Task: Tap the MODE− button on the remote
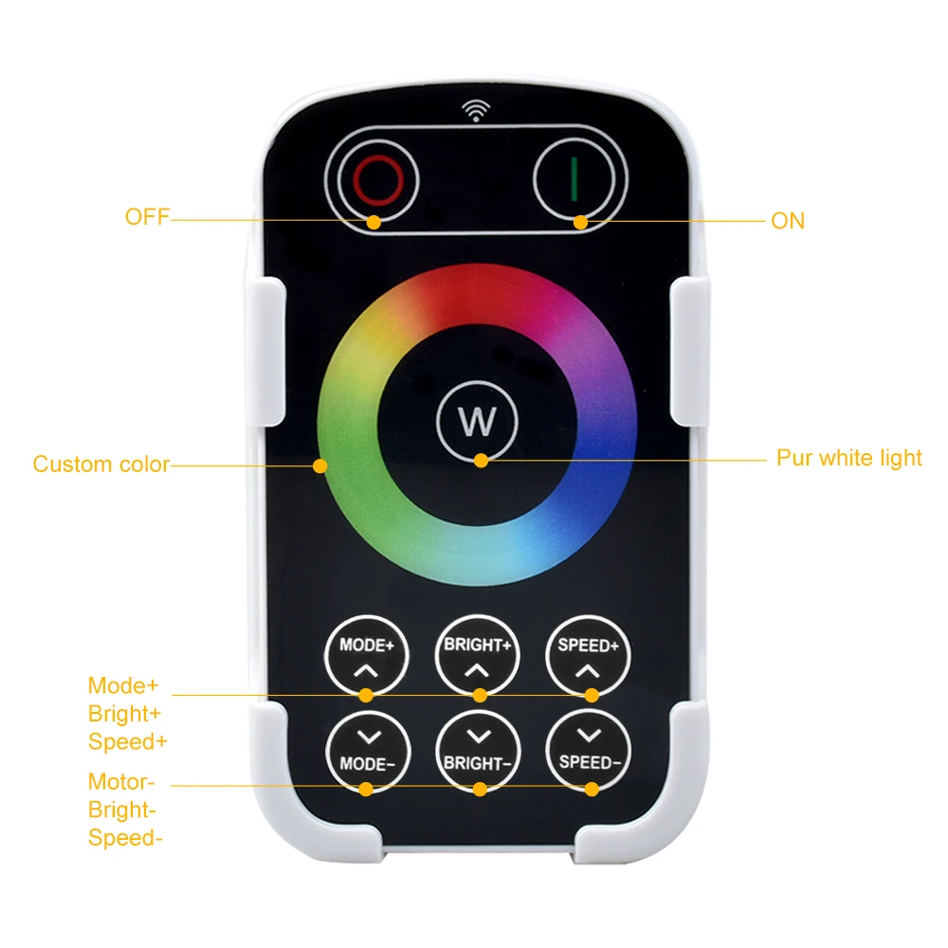(367, 750)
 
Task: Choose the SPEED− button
(589, 750)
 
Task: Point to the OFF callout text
(147, 218)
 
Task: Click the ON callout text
(788, 221)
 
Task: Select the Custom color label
(101, 465)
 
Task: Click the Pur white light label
(848, 459)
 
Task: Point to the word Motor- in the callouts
(120, 782)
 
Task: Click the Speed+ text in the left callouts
(128, 742)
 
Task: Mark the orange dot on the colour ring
(320, 465)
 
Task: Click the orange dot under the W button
(482, 461)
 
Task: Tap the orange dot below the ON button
(580, 223)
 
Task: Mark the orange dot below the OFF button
(374, 222)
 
